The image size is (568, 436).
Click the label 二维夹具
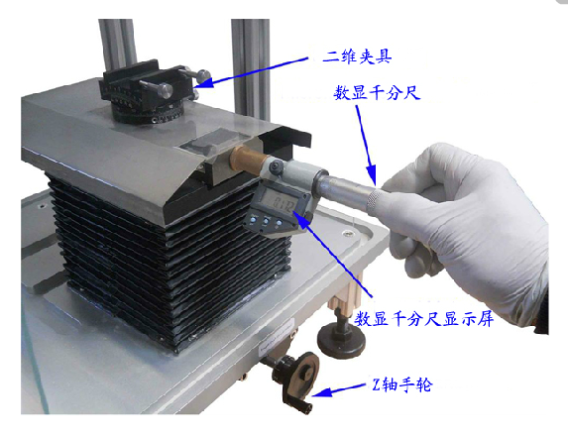pos(357,57)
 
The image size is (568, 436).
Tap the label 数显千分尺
pos(377,93)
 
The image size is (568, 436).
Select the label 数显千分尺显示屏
pos(424,319)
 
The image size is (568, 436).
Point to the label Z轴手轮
pos(402,384)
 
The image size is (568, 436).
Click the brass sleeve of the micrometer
pos(249,161)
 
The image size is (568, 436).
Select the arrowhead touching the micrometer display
pos(299,218)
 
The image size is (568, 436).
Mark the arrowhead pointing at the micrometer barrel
pos(372,175)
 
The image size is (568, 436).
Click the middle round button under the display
pos(266,221)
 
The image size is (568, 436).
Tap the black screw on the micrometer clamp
pos(277,166)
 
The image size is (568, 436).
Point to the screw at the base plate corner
pos(349,234)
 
